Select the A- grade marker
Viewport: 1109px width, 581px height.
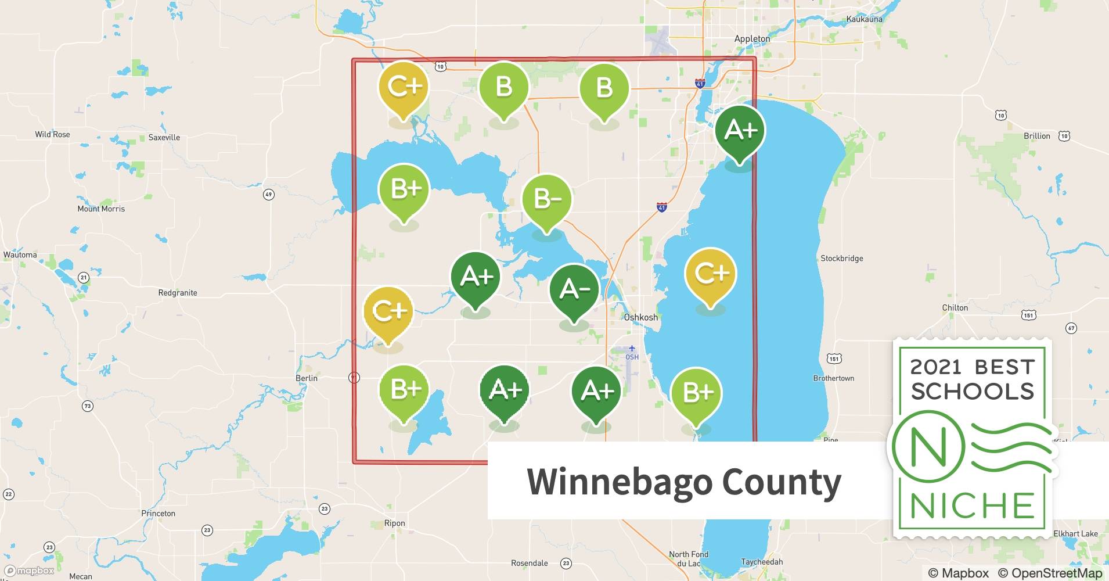coord(574,289)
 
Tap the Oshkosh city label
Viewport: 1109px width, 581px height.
coord(640,317)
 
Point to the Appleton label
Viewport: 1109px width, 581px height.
coord(752,39)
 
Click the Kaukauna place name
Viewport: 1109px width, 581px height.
coord(864,19)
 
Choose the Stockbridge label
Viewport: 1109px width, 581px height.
coord(841,259)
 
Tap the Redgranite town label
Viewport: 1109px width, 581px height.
coord(178,293)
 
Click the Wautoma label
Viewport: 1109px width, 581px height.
coord(20,255)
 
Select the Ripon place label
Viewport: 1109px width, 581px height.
coord(394,523)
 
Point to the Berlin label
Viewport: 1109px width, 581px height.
coord(306,378)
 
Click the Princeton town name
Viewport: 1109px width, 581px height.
coord(158,514)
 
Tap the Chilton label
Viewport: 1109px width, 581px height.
coord(955,308)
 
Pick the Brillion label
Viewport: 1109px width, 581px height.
coord(1036,136)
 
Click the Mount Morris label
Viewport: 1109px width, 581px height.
coord(101,209)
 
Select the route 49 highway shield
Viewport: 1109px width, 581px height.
coord(268,195)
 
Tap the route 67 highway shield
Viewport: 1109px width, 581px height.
coord(1071,328)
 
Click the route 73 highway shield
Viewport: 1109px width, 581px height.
coord(87,406)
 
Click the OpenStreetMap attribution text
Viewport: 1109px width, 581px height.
coord(1050,573)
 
